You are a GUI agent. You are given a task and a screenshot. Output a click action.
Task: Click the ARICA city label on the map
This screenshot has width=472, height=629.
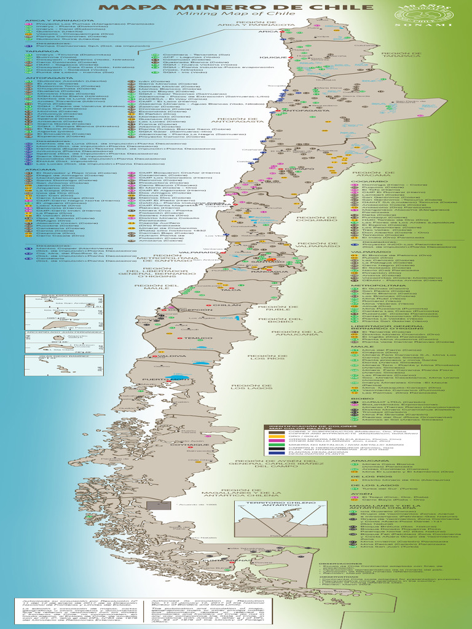click(268, 31)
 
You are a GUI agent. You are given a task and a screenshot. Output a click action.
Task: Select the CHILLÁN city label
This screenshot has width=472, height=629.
click(227, 305)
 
